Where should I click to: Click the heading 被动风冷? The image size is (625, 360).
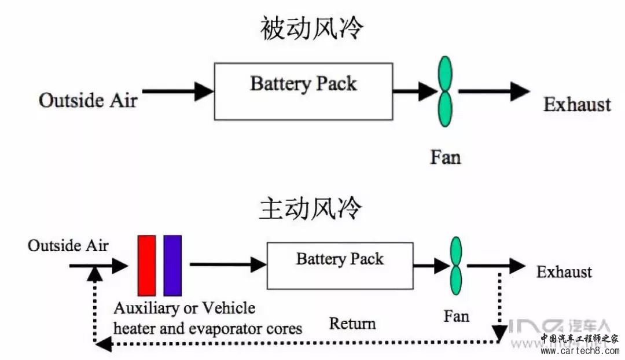tap(312, 28)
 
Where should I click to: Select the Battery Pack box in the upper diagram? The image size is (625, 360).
tap(303, 91)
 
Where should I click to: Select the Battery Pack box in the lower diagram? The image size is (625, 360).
tap(340, 266)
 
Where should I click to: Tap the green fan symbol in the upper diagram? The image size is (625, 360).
tap(445, 91)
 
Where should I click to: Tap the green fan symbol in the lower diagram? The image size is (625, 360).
tap(456, 265)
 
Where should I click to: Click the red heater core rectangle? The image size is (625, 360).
tap(146, 266)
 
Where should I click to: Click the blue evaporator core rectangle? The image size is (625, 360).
tap(172, 266)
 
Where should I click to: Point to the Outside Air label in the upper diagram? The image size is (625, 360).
tap(88, 100)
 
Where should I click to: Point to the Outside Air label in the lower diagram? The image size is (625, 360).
tap(68, 245)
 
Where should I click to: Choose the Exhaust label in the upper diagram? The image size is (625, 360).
tap(577, 104)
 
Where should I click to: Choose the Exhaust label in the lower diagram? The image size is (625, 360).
tap(564, 272)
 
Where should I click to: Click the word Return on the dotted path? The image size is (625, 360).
tap(352, 323)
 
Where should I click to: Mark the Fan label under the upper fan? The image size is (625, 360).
tap(446, 157)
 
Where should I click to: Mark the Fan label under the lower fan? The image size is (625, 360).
tap(456, 316)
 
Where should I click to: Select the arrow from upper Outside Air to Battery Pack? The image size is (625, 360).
tap(178, 91)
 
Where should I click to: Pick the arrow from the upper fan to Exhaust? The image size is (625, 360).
tap(493, 91)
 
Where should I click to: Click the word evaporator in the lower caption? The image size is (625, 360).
tap(237, 328)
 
